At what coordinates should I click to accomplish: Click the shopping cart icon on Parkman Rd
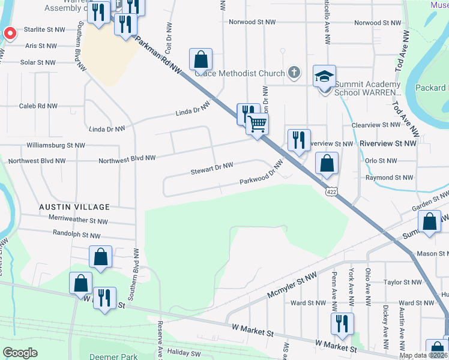click(x=258, y=124)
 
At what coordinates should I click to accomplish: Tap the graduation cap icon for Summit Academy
click(x=324, y=77)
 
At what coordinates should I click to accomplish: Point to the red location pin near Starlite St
click(x=8, y=34)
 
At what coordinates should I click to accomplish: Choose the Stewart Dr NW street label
click(x=212, y=170)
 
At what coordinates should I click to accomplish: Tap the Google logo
click(x=20, y=353)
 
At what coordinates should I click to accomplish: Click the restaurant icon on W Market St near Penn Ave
click(x=342, y=323)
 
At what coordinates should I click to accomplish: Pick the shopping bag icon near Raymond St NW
click(x=327, y=163)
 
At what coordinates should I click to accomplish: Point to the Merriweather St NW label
click(x=74, y=221)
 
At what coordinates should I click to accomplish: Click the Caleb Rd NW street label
click(x=38, y=106)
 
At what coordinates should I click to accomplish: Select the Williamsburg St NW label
click(x=56, y=145)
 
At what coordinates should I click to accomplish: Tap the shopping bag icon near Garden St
click(x=430, y=221)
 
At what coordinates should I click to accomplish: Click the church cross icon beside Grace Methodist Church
click(x=293, y=73)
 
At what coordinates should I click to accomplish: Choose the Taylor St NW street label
click(x=403, y=282)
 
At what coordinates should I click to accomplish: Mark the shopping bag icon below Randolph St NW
click(x=101, y=257)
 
